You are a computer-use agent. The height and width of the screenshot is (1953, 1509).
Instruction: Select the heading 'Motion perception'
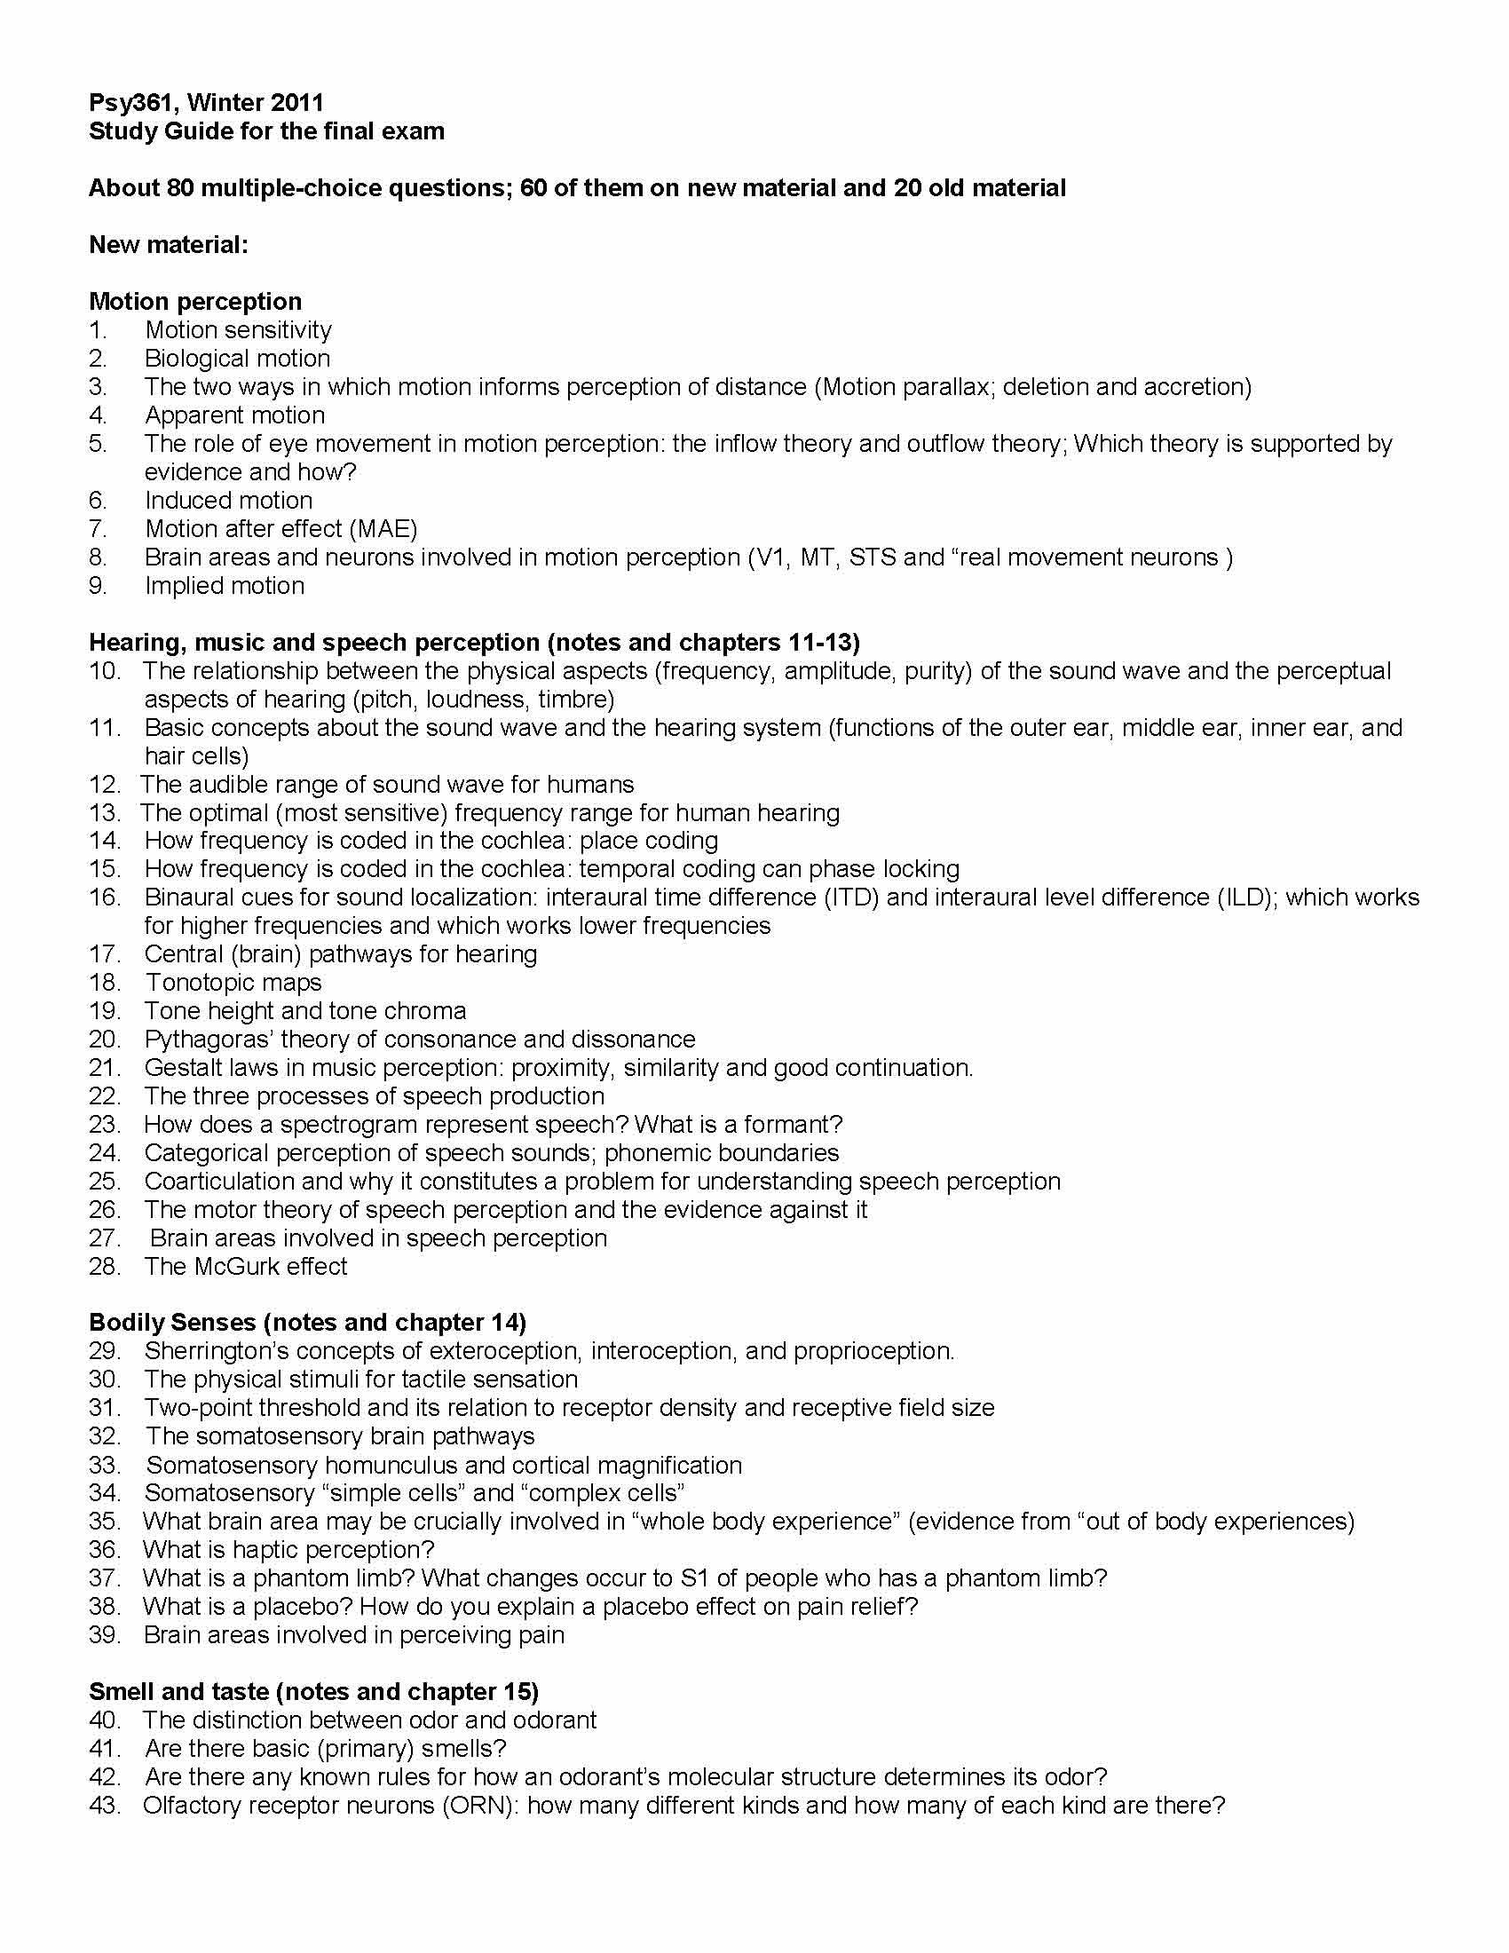(x=195, y=301)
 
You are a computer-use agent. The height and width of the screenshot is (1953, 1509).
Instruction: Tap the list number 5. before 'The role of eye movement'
(x=98, y=444)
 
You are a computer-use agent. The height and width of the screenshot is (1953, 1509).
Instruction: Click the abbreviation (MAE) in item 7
(x=383, y=528)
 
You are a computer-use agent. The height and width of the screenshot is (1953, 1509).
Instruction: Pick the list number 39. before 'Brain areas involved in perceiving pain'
(x=104, y=1634)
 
